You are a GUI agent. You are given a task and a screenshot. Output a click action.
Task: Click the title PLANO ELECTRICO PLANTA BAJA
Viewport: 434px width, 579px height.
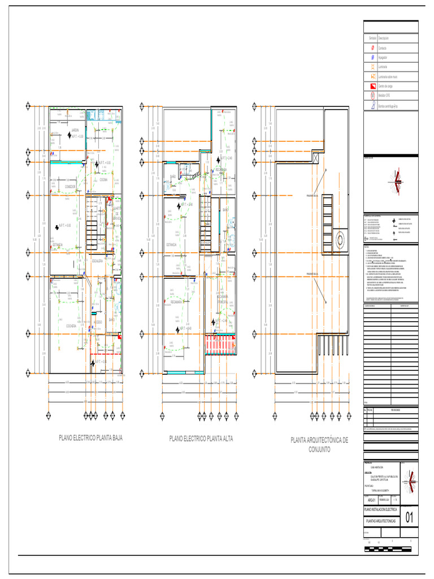click(91, 438)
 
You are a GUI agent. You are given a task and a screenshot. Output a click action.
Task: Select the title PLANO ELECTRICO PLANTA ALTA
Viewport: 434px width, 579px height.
click(201, 438)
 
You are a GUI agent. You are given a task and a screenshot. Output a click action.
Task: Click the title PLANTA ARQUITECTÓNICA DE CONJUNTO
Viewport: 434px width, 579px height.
click(319, 444)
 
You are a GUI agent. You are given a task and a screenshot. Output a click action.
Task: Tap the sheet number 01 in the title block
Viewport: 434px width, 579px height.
click(410, 517)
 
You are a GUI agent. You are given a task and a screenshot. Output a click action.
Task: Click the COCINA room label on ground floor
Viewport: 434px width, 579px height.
click(103, 180)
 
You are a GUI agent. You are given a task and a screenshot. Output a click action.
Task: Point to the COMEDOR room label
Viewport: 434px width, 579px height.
click(70, 186)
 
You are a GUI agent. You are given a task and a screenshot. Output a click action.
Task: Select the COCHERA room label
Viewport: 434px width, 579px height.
click(71, 326)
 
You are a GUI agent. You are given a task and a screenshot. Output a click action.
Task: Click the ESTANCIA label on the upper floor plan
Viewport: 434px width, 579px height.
click(171, 244)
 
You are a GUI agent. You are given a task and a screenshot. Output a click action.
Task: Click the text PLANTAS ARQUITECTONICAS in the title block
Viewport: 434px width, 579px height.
click(380, 520)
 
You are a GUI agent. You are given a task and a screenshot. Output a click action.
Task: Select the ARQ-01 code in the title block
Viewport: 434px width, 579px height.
click(371, 499)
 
